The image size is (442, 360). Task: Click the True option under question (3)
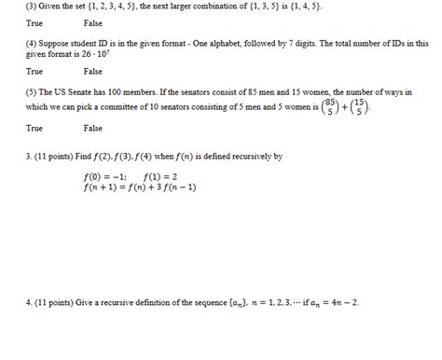click(35, 22)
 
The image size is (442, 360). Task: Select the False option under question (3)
click(92, 22)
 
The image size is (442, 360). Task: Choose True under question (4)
click(35, 71)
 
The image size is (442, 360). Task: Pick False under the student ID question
click(92, 71)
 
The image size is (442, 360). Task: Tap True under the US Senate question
click(35, 128)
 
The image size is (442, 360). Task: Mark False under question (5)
click(92, 128)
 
